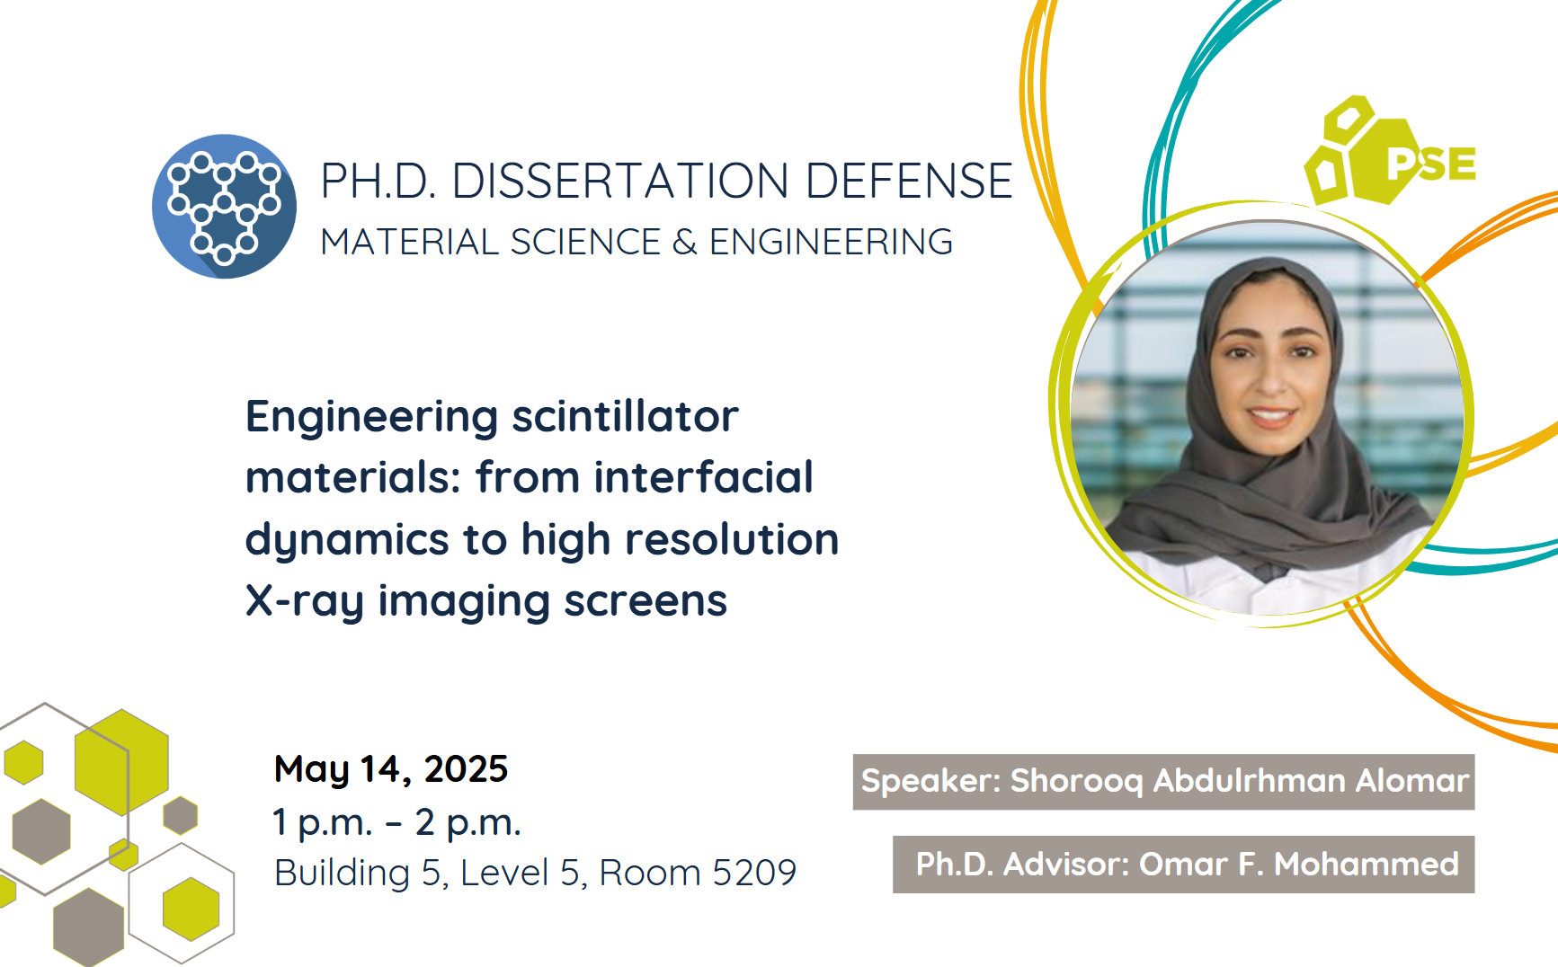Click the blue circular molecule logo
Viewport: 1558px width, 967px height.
coord(224,207)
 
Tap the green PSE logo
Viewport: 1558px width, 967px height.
coord(1390,150)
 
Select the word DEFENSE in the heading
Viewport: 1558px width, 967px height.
coord(909,181)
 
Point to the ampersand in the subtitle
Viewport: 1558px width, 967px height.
coord(684,242)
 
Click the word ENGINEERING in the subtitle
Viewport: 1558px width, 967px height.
coord(831,242)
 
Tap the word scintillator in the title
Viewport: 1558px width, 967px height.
coord(625,416)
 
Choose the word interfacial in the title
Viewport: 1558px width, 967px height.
coord(703,476)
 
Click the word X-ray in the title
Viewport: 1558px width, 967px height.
coord(305,601)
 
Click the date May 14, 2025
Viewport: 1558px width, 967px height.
coord(391,769)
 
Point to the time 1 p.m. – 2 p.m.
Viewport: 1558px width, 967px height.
coord(396,822)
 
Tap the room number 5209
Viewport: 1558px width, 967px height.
coord(754,873)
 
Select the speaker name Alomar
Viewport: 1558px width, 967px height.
coord(1411,780)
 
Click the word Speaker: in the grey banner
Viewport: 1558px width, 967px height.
coord(930,781)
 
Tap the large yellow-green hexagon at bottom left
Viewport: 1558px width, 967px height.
coord(121,762)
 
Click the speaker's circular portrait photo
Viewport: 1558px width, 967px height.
coord(1267,417)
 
